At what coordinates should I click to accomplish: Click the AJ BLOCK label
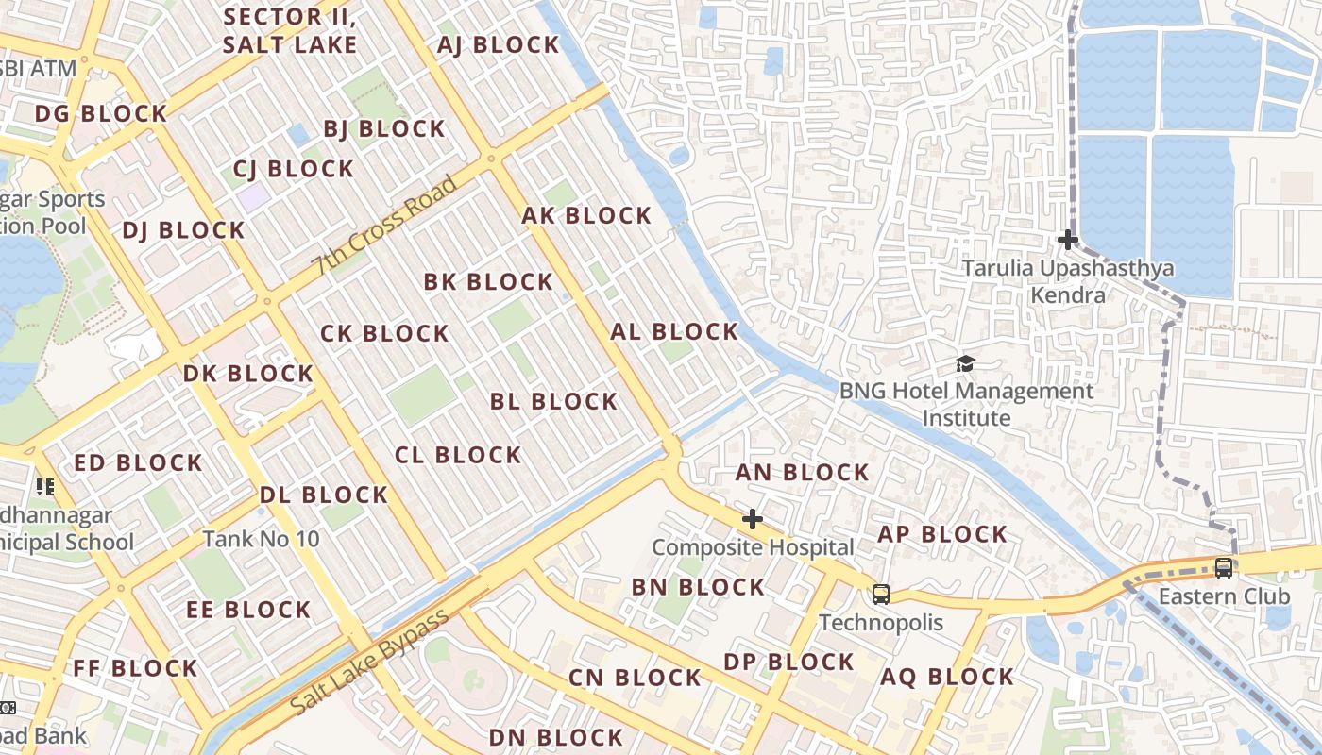coord(499,44)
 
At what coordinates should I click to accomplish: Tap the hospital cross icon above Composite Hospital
coord(752,519)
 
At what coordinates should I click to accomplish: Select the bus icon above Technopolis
coord(880,594)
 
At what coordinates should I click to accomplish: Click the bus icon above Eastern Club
coord(1223,567)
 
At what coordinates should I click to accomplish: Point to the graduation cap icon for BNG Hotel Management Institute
coord(965,363)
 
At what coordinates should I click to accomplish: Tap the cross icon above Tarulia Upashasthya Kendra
coord(1067,240)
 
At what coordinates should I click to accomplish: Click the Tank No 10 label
coord(262,539)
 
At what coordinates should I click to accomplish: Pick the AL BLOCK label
coord(674,331)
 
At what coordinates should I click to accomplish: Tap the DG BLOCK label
coord(101,113)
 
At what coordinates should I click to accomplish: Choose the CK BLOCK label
coord(384,333)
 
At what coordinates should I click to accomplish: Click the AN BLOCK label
coord(802,472)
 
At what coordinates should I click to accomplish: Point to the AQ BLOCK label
coord(947,677)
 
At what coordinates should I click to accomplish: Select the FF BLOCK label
coord(135,668)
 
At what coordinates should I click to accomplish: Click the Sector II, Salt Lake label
coord(290,30)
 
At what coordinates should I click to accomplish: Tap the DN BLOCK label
coord(556,737)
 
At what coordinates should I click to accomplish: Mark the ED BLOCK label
coord(138,462)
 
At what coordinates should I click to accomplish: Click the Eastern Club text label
coord(1224,596)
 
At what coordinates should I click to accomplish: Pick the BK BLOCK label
coord(488,281)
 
